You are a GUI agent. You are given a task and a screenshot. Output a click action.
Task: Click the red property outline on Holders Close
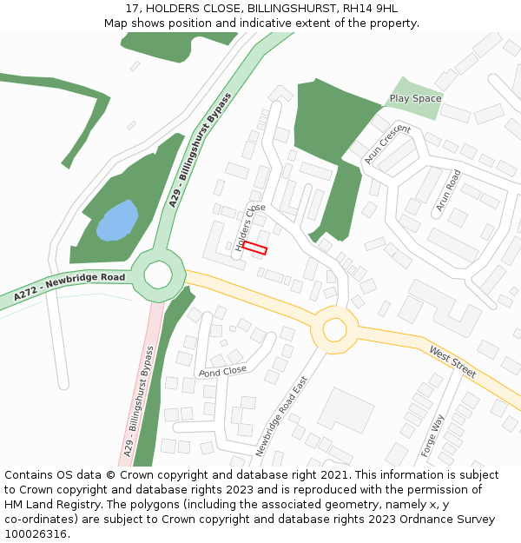pyautogui.click(x=254, y=248)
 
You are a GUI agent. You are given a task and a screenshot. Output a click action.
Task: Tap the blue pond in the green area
pyautogui.click(x=117, y=220)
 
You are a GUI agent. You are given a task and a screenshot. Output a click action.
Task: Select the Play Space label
pyautogui.click(x=415, y=98)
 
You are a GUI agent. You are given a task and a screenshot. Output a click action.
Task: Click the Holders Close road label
pyautogui.click(x=250, y=227)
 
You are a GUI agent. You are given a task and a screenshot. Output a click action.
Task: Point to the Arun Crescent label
pyautogui.click(x=387, y=144)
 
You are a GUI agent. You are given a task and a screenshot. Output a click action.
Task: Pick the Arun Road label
pyautogui.click(x=448, y=190)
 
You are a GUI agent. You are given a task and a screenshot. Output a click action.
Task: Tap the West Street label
pyautogui.click(x=452, y=361)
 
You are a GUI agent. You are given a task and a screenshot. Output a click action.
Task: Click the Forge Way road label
pyautogui.click(x=432, y=435)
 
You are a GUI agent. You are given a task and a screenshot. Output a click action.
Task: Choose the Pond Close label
pyautogui.click(x=222, y=371)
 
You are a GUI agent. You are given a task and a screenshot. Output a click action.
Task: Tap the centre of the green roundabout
pyautogui.click(x=158, y=275)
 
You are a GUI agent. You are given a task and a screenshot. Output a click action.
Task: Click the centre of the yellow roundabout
pyautogui.click(x=334, y=329)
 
